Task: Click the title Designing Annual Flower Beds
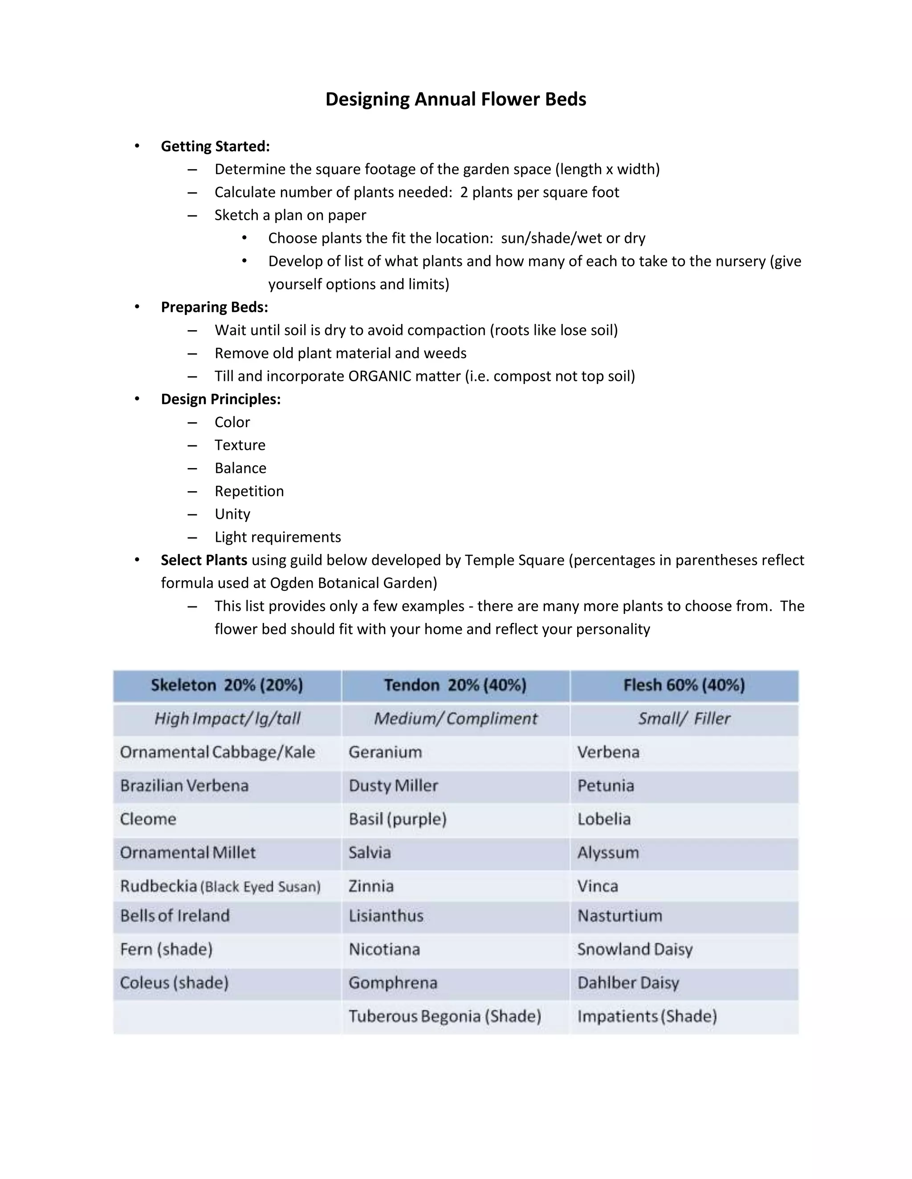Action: tap(456, 99)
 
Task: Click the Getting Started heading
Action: tap(215, 146)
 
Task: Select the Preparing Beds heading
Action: tap(215, 307)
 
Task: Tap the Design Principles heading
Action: tap(220, 399)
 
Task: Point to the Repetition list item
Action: tap(249, 491)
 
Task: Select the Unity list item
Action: tap(232, 514)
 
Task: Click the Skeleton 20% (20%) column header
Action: tap(227, 685)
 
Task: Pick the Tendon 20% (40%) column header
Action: tap(455, 685)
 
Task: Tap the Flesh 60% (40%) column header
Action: tap(684, 685)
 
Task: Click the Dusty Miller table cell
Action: tap(393, 785)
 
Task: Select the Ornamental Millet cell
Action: tap(187, 852)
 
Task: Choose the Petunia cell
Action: tap(606, 785)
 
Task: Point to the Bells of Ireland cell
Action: tap(175, 916)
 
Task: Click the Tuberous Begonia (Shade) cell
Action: tap(445, 1016)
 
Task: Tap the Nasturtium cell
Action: tap(620, 916)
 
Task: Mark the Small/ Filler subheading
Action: tap(684, 719)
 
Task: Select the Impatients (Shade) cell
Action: tap(647, 1016)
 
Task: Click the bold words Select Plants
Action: tap(204, 560)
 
